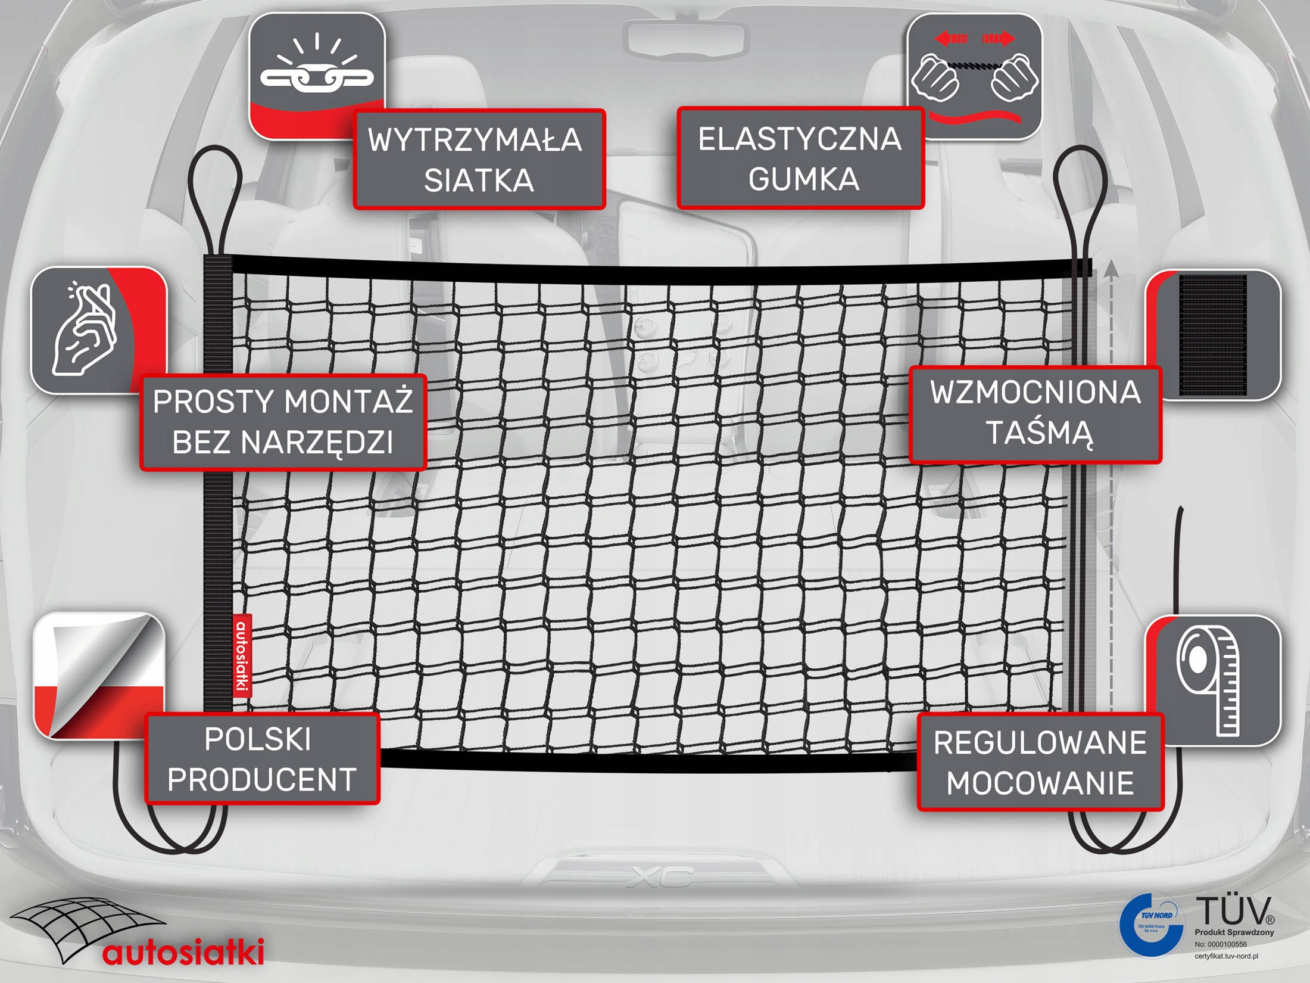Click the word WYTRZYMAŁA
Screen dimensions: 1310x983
point(475,140)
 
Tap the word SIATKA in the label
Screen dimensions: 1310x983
point(479,180)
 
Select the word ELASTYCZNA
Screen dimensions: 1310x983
point(800,139)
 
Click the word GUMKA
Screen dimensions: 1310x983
point(803,179)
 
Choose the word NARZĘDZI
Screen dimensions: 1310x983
point(317,441)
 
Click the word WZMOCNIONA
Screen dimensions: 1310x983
point(1035,393)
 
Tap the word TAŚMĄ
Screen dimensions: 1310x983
point(1040,433)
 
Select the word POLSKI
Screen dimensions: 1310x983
point(258,739)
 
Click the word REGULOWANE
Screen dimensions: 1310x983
point(1040,743)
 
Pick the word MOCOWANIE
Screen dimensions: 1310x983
point(1040,783)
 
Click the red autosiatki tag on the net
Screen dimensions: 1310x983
point(241,655)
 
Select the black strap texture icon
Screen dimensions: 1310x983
point(1213,334)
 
